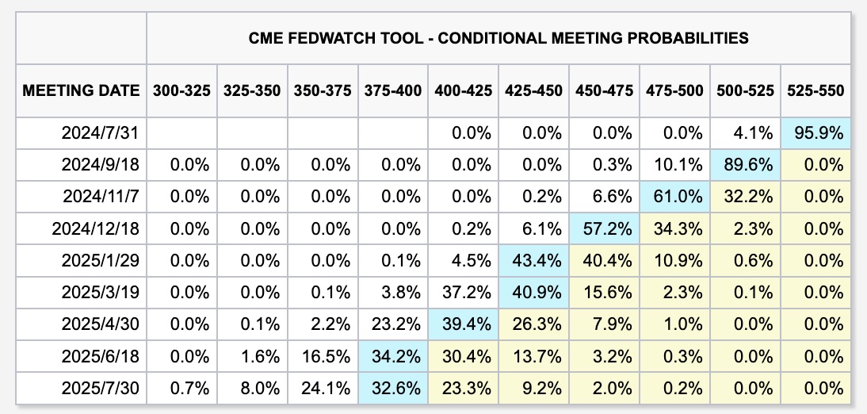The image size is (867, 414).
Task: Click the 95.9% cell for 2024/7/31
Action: tap(816, 133)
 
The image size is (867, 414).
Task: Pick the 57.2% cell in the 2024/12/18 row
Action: tap(605, 229)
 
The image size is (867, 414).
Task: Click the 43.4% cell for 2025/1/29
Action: tap(534, 261)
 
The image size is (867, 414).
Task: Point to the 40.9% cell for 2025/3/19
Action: tap(534, 293)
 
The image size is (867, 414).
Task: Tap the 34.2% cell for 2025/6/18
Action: tap(393, 357)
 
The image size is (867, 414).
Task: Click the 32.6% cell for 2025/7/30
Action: tap(393, 389)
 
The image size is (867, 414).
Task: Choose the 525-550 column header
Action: tap(816, 91)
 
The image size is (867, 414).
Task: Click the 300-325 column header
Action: tap(181, 91)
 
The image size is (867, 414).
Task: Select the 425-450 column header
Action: tap(534, 91)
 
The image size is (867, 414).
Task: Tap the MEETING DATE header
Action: tap(82, 91)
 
